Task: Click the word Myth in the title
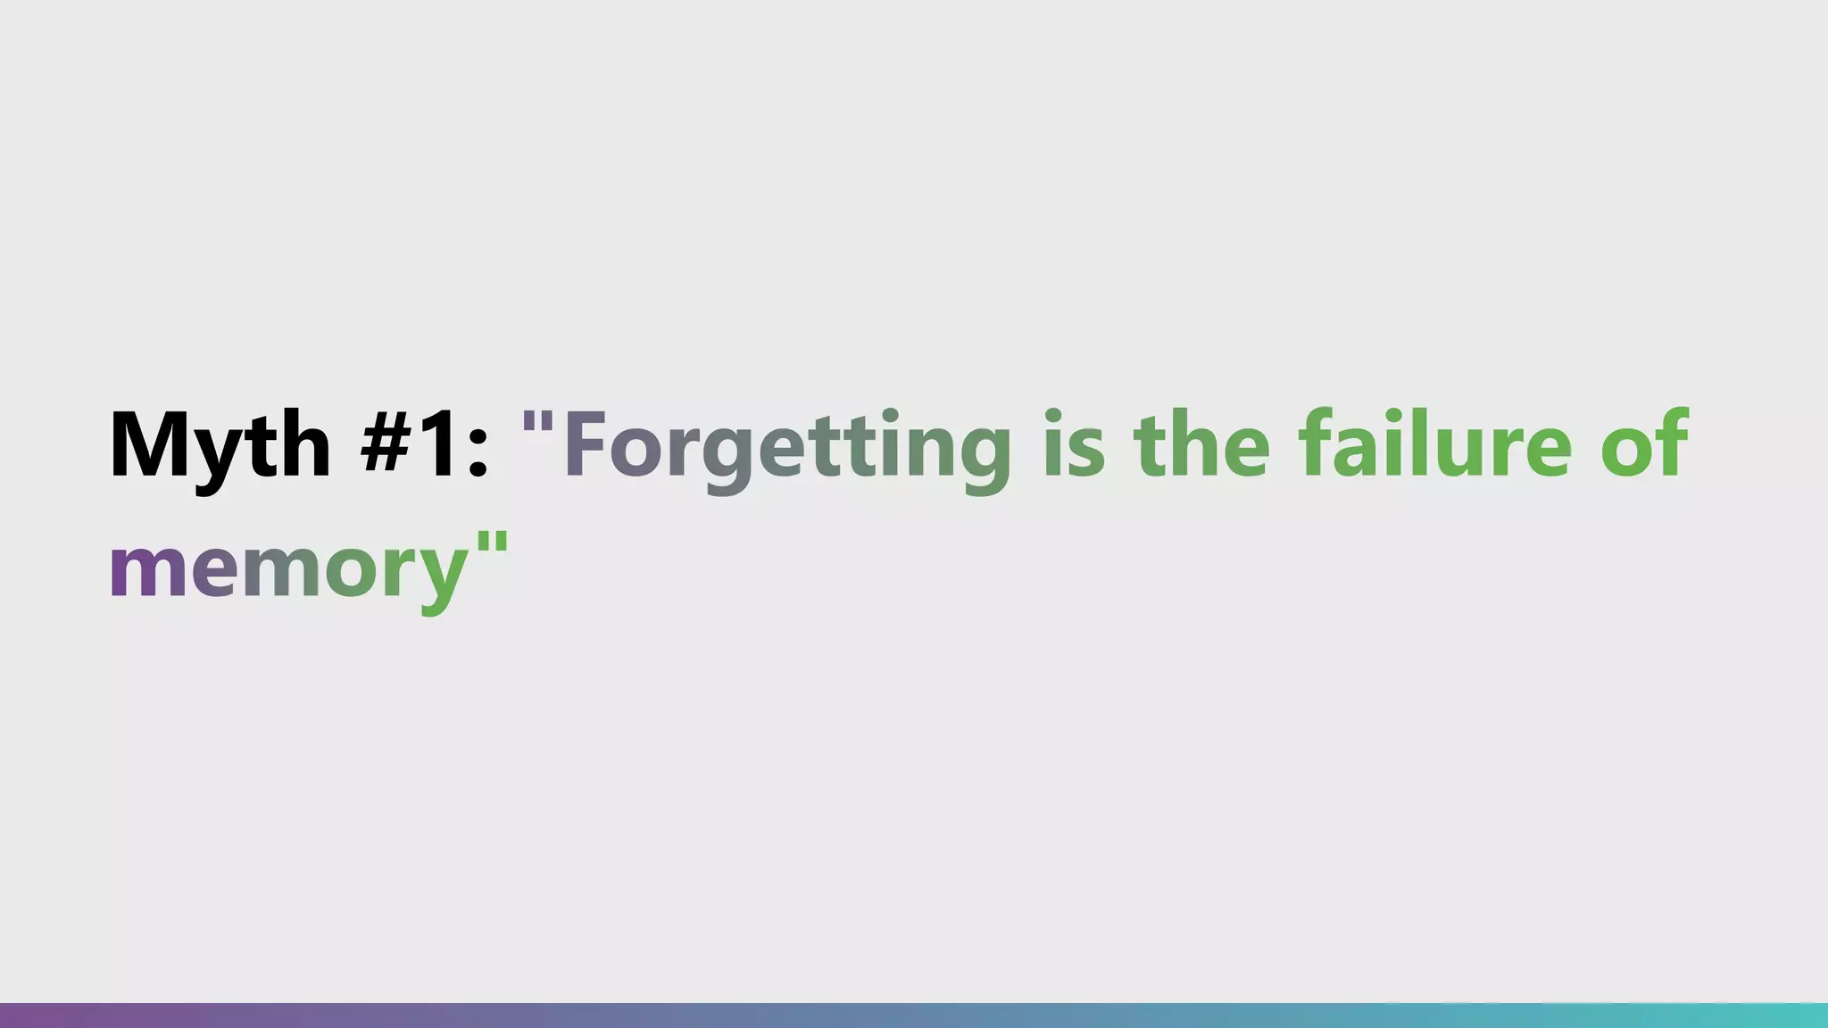[220, 444]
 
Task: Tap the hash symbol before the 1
[389, 444]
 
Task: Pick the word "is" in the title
[1074, 444]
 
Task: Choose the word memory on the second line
[288, 568]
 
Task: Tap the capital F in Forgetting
[585, 444]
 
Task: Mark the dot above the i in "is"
[1054, 415]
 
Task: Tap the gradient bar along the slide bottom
[914, 1016]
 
